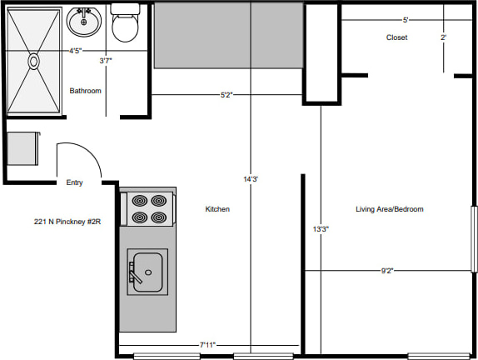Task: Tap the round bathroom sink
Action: (84, 22)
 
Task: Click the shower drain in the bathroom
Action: (33, 62)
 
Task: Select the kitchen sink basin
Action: (148, 272)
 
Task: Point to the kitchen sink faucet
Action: (134, 272)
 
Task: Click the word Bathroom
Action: (85, 91)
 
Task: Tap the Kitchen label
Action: (217, 209)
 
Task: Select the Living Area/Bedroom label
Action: (390, 209)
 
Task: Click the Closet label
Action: (396, 37)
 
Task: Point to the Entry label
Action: (74, 182)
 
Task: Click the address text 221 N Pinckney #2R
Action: (67, 222)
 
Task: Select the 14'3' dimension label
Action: (251, 179)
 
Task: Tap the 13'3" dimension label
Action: (321, 229)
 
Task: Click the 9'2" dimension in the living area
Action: (387, 271)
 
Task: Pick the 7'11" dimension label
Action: (207, 345)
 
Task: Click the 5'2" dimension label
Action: (227, 95)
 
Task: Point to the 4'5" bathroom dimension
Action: (75, 51)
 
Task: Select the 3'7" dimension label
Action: (106, 61)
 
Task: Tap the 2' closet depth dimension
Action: (443, 37)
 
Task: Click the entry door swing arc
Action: (87, 150)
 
